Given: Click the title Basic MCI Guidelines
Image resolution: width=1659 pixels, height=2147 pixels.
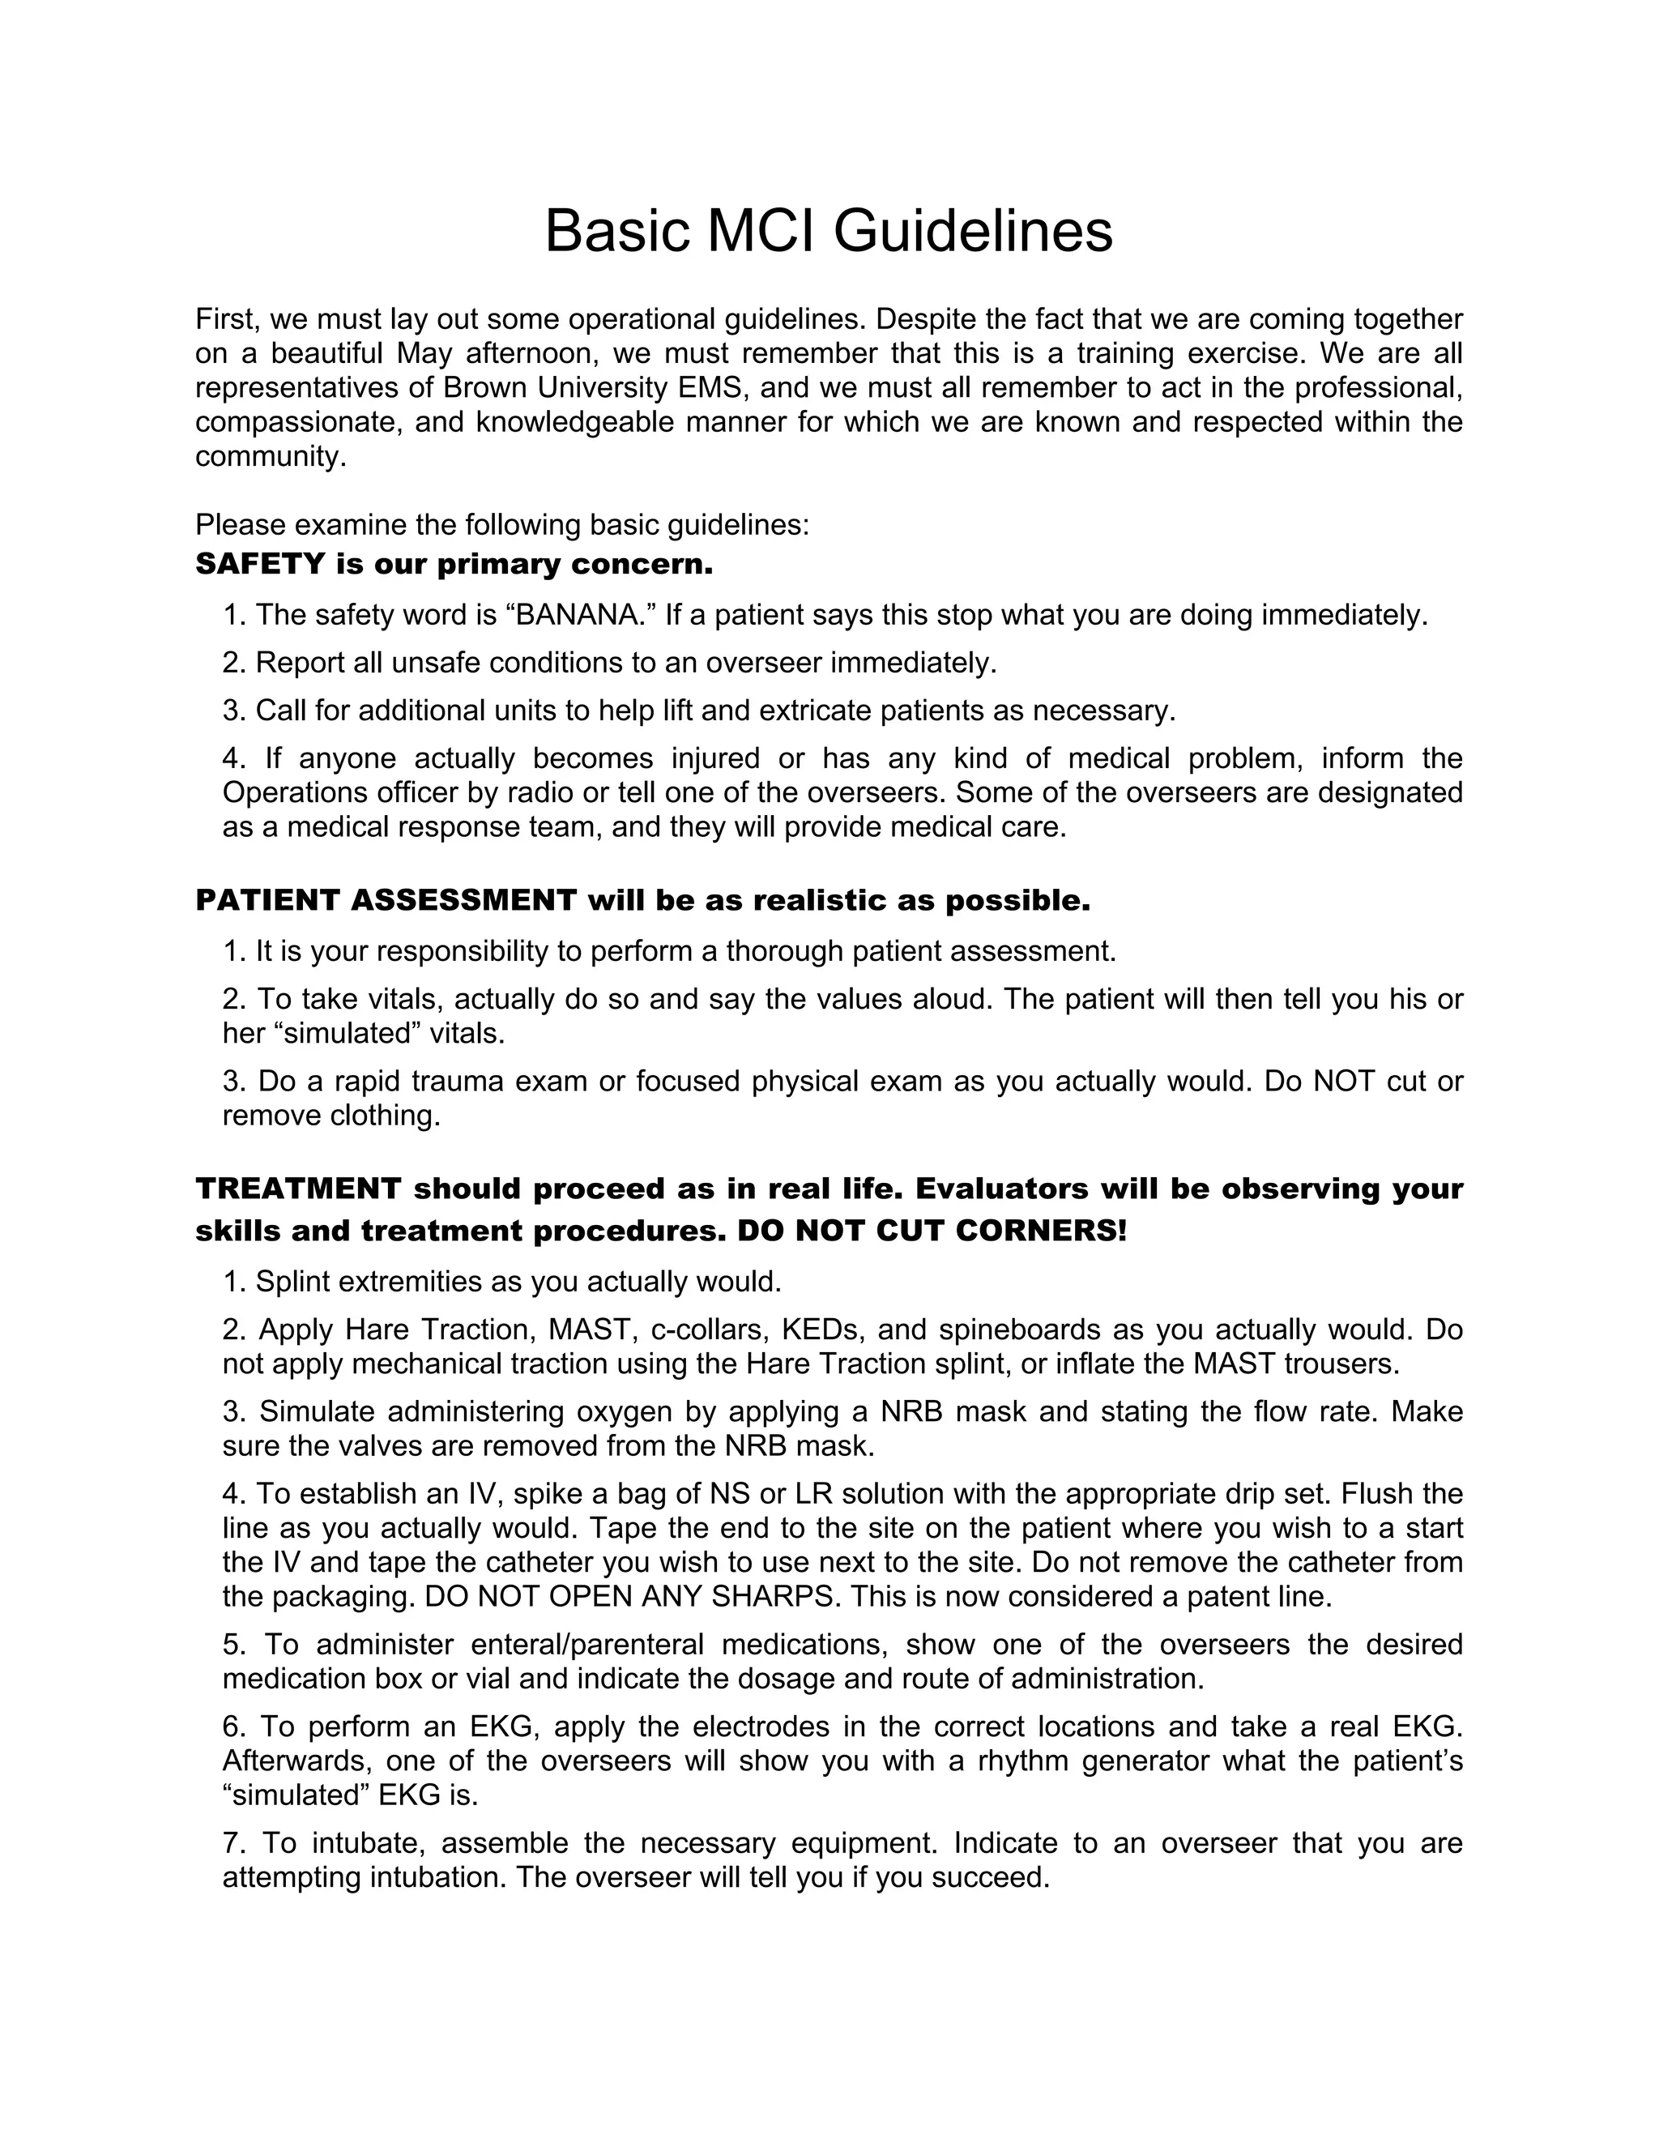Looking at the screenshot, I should [x=829, y=232].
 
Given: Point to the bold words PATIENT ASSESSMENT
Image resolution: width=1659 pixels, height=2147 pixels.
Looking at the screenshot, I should [x=386, y=899].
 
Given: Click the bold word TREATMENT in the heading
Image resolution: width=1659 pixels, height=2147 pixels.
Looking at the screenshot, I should [x=299, y=1189].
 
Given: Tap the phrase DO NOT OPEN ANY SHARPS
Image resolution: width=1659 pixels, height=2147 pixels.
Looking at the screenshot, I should [x=632, y=1597].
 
